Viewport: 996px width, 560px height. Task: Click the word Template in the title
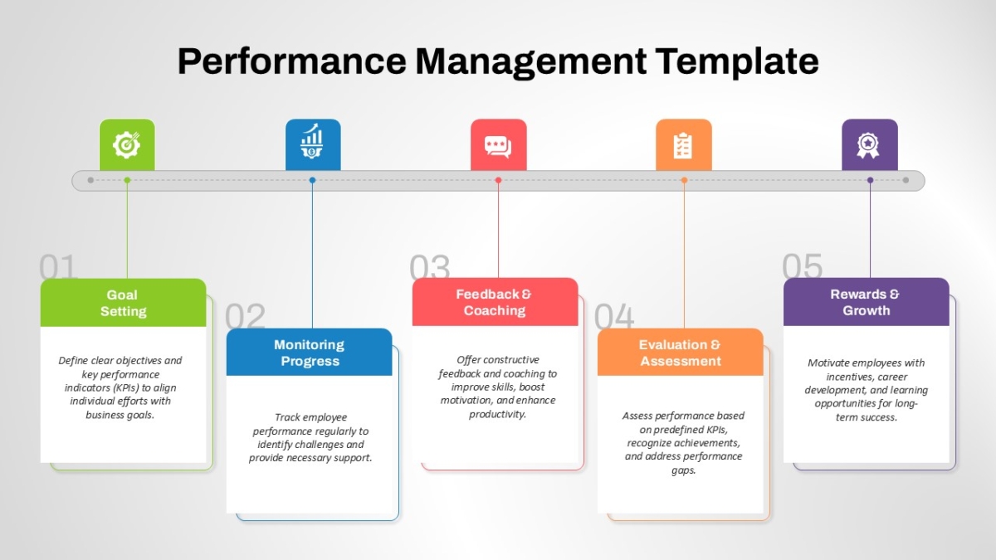pyautogui.click(x=737, y=61)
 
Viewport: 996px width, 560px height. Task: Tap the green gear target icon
pyautogui.click(x=126, y=145)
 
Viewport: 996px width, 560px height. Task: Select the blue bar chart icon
pyautogui.click(x=312, y=141)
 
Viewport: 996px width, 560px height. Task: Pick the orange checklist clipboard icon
pyautogui.click(x=682, y=145)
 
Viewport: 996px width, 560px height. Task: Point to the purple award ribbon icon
pyautogui.click(x=868, y=145)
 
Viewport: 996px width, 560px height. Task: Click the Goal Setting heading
pyautogui.click(x=123, y=303)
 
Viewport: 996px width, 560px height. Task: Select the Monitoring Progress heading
pyautogui.click(x=310, y=353)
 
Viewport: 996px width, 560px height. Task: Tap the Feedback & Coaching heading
pyautogui.click(x=494, y=302)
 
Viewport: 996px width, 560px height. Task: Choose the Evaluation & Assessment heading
pyautogui.click(x=680, y=353)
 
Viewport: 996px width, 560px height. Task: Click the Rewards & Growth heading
pyautogui.click(x=865, y=302)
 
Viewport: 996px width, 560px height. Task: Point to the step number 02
pyautogui.click(x=245, y=316)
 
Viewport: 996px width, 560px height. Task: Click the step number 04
pyautogui.click(x=614, y=316)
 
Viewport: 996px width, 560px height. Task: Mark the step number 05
pyautogui.click(x=802, y=265)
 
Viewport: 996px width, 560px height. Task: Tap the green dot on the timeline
pyautogui.click(x=127, y=180)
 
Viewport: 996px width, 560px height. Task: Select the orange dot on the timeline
pyautogui.click(x=684, y=180)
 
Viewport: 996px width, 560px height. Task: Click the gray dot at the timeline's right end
pyautogui.click(x=906, y=180)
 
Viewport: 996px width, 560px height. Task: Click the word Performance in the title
pyautogui.click(x=291, y=61)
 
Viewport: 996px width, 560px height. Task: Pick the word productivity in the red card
pyautogui.click(x=497, y=414)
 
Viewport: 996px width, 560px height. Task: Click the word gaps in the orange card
pyautogui.click(x=683, y=470)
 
